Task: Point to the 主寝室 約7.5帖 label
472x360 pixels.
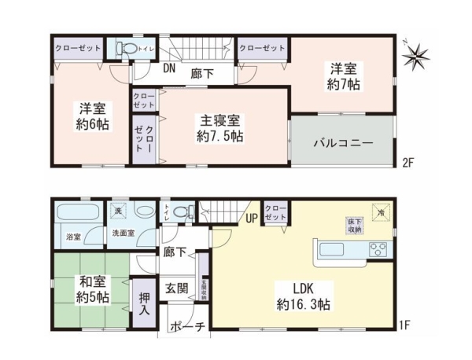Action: coord(220,128)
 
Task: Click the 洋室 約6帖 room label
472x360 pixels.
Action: coord(93,116)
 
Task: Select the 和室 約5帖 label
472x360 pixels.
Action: coord(93,289)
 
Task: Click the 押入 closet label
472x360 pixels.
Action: coord(144,303)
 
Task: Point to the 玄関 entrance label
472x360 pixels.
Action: coord(176,288)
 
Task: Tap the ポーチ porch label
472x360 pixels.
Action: coord(186,327)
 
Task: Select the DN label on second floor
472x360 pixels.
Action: coord(169,68)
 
